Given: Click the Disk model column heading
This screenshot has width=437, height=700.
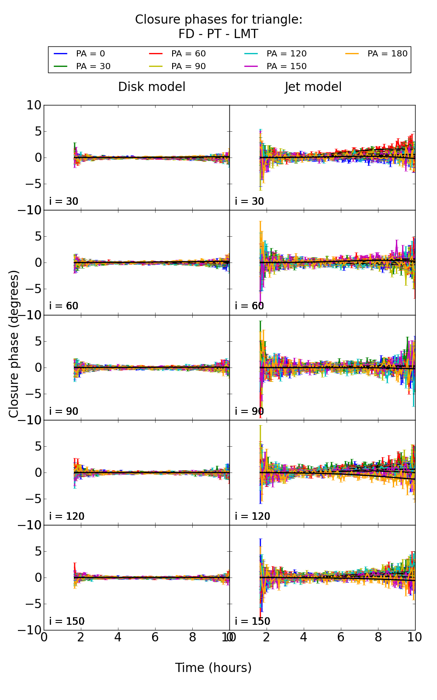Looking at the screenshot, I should [x=152, y=87].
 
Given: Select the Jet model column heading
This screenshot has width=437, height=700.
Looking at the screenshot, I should [x=313, y=87].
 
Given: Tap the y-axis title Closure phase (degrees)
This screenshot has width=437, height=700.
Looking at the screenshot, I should [x=14, y=344].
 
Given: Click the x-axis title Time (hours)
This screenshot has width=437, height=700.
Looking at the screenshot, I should [x=213, y=668].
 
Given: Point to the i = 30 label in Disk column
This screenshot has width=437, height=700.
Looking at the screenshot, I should [x=64, y=201].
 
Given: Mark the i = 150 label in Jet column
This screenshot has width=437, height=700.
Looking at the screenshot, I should [x=253, y=621].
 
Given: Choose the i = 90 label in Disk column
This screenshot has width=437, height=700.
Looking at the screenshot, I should [x=64, y=411].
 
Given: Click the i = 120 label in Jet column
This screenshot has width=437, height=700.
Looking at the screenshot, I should [x=253, y=516].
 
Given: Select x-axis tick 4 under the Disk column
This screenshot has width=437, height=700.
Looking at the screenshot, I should [x=118, y=637].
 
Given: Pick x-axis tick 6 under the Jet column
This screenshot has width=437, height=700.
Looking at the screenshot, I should [x=341, y=637].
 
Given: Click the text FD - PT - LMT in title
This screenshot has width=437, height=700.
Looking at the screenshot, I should [x=218, y=34].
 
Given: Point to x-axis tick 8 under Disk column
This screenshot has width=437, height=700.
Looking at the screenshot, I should [x=192, y=637].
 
